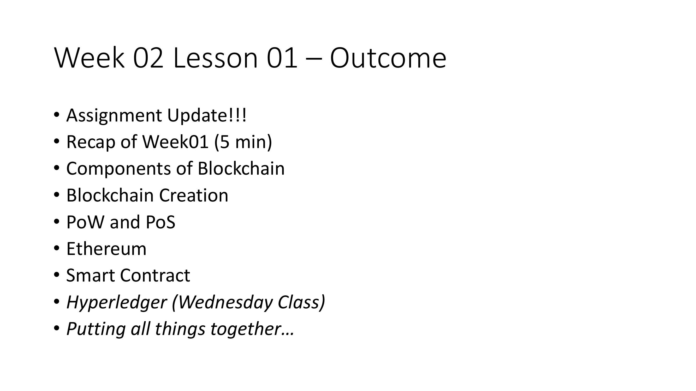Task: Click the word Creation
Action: tap(194, 195)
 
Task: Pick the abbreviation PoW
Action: tap(85, 222)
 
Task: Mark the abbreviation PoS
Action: tap(160, 222)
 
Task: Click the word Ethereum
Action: tap(106, 249)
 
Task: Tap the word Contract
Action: tap(155, 276)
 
